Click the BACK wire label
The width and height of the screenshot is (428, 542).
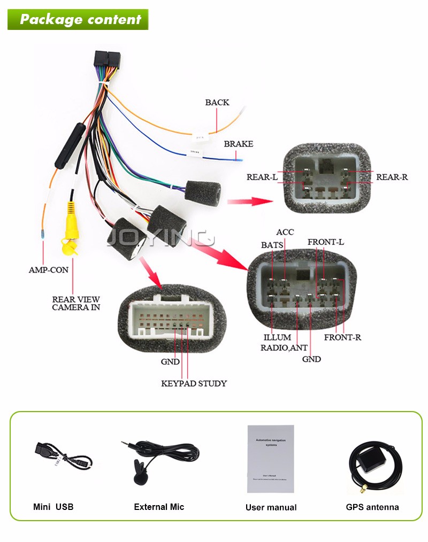217,103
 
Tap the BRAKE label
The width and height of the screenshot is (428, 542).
238,144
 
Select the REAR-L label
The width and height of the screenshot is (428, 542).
262,177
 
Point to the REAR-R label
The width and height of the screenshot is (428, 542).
392,177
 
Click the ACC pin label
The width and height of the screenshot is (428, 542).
285,233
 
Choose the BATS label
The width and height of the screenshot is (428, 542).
272,245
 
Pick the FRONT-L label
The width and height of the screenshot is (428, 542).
325,242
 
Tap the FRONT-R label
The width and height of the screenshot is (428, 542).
342,337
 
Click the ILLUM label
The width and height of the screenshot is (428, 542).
277,337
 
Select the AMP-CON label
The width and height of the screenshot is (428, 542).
48,270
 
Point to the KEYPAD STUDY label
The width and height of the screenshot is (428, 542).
194,383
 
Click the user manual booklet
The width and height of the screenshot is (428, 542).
270,459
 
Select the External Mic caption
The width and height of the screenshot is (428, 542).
159,507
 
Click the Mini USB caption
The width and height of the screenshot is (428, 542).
53,507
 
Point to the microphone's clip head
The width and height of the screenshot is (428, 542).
140,473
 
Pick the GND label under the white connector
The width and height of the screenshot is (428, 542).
170,362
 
